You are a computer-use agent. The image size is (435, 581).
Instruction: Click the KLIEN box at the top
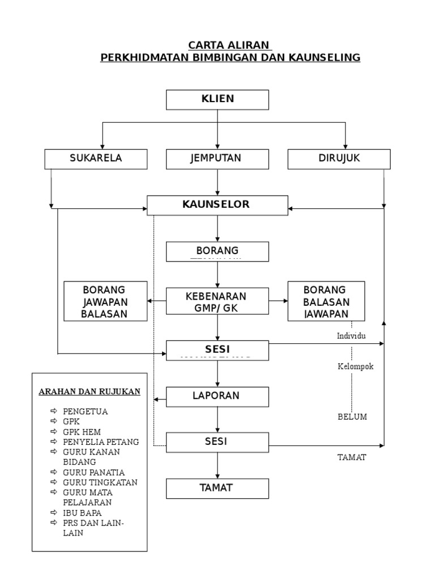217,99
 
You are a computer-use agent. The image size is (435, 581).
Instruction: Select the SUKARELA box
96,159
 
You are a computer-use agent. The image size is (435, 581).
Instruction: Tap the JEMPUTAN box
217,159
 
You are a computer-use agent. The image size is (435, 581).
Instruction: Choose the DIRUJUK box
339,159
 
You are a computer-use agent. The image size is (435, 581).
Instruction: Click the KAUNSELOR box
217,205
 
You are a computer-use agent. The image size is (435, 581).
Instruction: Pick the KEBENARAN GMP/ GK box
217,301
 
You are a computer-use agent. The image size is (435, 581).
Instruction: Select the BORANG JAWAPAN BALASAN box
105,301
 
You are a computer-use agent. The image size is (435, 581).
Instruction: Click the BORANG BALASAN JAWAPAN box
326,301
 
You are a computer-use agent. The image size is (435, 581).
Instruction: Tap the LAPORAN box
217,397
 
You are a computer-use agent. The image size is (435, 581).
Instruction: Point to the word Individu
351,336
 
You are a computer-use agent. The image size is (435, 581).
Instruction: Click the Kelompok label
356,367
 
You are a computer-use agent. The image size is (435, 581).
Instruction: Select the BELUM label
352,416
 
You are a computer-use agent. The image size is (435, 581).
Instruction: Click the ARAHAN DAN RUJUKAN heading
89,392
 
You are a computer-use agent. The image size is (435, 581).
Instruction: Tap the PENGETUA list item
85,411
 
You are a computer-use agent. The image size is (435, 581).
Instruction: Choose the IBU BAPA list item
82,512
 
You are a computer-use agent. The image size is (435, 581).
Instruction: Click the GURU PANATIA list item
93,472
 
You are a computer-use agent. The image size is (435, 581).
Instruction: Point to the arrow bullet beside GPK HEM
53,432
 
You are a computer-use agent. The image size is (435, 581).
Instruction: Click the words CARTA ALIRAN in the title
229,45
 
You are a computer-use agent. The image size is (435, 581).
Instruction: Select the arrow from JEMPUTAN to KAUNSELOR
217,182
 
